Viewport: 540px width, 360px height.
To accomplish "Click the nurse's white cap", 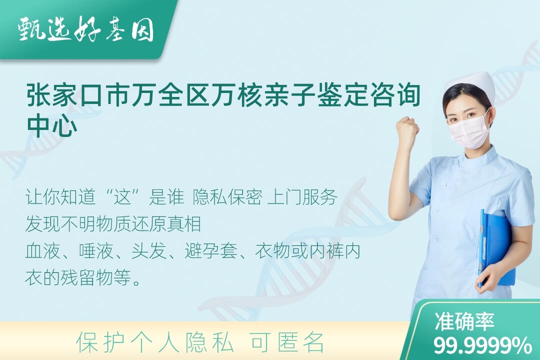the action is (x=470, y=88).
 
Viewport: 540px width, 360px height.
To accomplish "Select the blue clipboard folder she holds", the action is (x=496, y=248).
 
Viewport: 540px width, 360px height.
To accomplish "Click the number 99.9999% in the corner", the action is (x=482, y=345).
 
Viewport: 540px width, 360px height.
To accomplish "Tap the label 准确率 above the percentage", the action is (x=464, y=321).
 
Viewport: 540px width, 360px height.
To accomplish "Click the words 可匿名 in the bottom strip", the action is (x=287, y=342).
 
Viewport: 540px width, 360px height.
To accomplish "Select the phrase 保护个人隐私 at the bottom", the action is (x=155, y=342).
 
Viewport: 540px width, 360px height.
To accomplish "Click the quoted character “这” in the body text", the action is (x=122, y=197).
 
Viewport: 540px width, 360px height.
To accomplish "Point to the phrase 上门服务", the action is (x=302, y=197).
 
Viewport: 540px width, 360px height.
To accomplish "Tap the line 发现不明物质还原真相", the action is (x=113, y=224).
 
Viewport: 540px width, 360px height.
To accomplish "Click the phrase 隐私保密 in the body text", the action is (x=227, y=197).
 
